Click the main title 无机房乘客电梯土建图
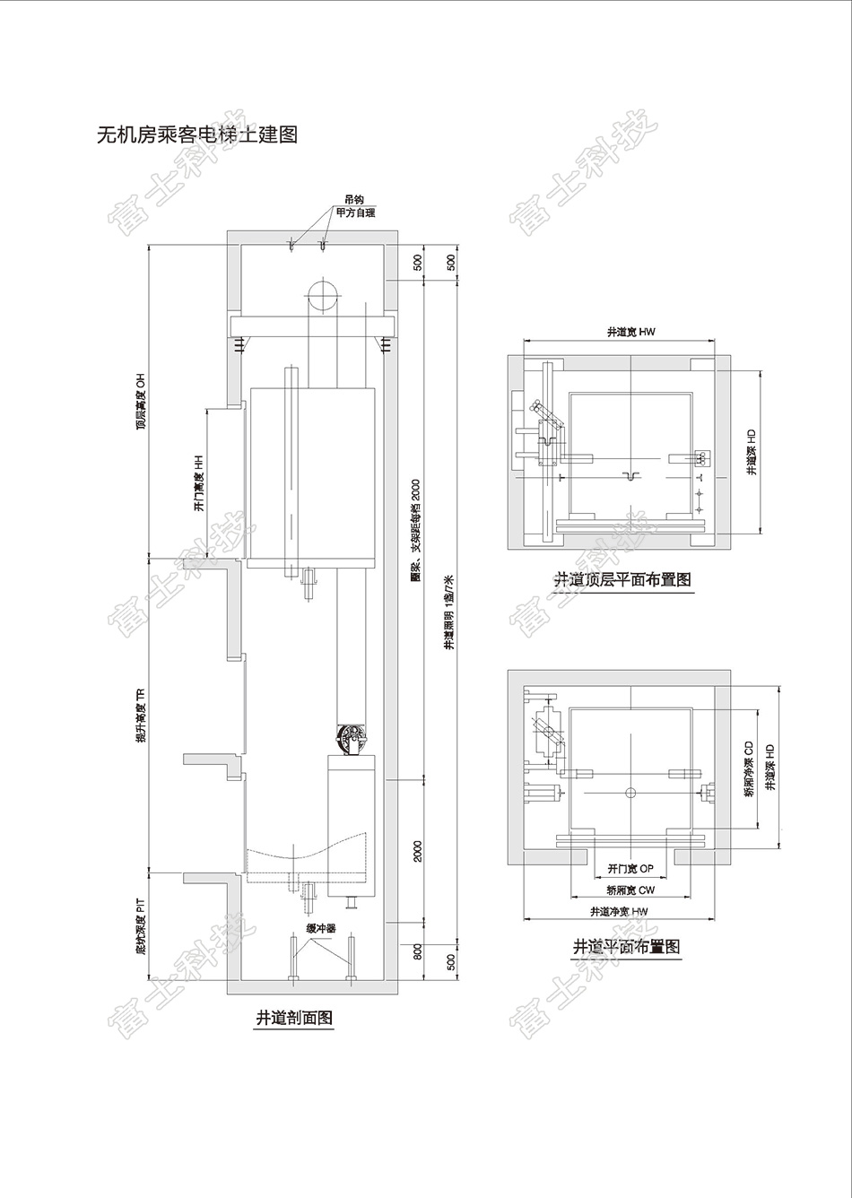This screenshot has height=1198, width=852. pyautogui.click(x=196, y=135)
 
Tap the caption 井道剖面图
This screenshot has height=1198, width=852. pyautogui.click(x=294, y=1018)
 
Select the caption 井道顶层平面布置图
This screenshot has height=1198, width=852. pyautogui.click(x=622, y=580)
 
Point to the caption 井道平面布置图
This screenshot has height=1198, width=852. pyautogui.click(x=626, y=946)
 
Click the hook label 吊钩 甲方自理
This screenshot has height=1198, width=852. pyautogui.click(x=354, y=207)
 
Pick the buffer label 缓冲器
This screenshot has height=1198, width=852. pyautogui.click(x=320, y=928)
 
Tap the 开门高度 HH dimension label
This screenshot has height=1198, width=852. pyautogui.click(x=199, y=484)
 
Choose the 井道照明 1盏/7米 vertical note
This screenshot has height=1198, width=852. pyautogui.click(x=450, y=612)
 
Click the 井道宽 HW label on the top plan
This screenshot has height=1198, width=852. pyautogui.click(x=630, y=332)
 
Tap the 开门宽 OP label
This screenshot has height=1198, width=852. pyautogui.click(x=630, y=869)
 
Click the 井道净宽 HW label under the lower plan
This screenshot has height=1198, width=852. pyautogui.click(x=618, y=911)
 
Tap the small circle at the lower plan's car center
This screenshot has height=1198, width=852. pyautogui.click(x=630, y=792)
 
